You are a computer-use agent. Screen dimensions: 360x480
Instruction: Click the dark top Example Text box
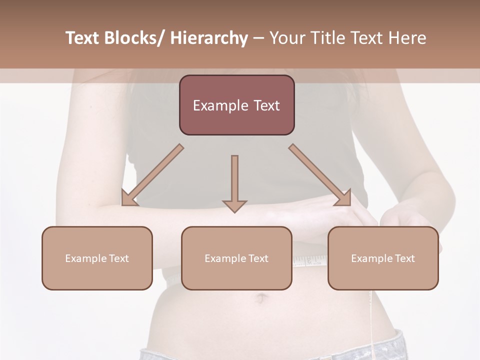[x=236, y=105]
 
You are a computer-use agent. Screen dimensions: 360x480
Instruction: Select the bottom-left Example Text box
[x=97, y=258]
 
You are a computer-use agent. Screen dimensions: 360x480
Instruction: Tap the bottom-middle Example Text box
[x=236, y=258]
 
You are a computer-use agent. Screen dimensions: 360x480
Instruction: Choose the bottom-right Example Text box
[x=383, y=258]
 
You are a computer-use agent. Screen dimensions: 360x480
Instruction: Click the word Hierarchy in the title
[x=209, y=38]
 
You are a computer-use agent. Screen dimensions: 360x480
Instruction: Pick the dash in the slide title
[x=258, y=39]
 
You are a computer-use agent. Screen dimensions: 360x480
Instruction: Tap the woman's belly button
[x=260, y=299]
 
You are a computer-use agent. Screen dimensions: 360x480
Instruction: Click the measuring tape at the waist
[x=310, y=260]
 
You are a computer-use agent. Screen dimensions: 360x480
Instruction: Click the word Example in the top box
[x=220, y=105]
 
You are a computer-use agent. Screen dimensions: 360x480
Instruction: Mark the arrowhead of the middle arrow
[x=234, y=206]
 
